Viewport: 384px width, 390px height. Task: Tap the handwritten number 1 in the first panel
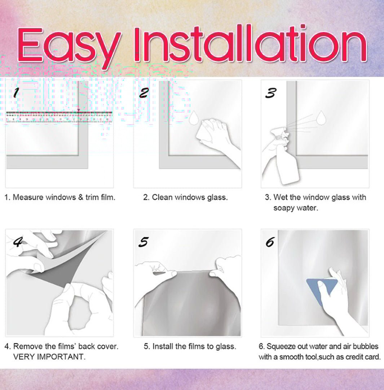point(16,92)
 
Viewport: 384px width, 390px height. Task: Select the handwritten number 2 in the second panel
point(144,93)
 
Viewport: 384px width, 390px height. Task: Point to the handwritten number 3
point(270,93)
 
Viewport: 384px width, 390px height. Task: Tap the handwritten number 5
point(144,242)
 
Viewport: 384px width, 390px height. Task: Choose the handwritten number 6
point(270,242)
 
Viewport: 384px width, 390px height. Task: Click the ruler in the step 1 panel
point(59,117)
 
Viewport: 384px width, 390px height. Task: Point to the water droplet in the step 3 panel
point(321,117)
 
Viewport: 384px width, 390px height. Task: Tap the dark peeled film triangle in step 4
point(62,269)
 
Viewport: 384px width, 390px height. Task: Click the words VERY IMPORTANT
point(49,357)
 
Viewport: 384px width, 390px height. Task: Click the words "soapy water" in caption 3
point(296,208)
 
